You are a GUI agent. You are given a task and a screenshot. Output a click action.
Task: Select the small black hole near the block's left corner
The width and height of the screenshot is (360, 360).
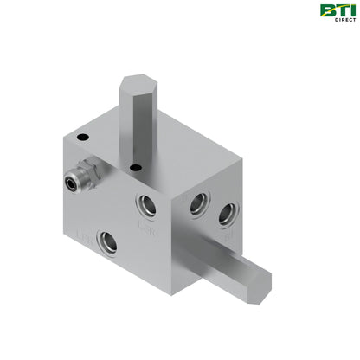tap(82, 136)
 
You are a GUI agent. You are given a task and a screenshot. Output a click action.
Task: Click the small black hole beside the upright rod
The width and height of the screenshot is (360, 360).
tap(135, 168)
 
